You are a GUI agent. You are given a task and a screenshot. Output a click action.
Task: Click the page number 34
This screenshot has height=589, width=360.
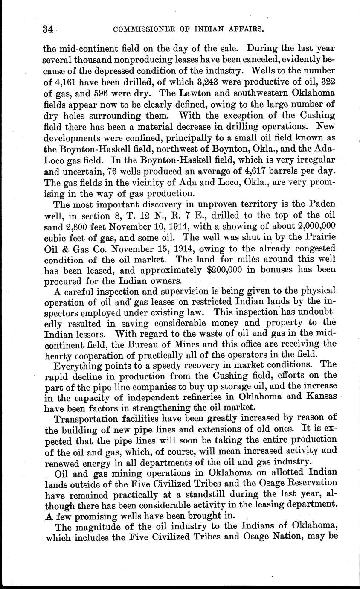(x=47, y=29)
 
